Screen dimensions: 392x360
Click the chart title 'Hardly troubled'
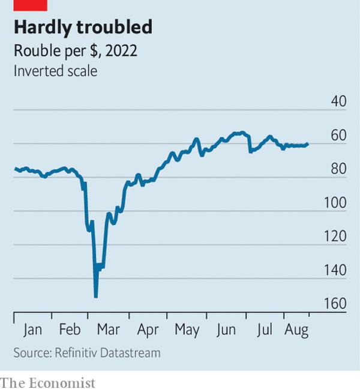click(x=83, y=27)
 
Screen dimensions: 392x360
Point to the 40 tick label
click(x=338, y=101)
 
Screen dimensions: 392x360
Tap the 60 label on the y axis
click(x=338, y=136)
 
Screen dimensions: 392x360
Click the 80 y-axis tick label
click(x=338, y=169)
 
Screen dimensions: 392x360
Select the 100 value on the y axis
click(x=335, y=203)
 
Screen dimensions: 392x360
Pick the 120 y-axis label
click(x=335, y=237)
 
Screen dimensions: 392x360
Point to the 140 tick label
click(x=335, y=270)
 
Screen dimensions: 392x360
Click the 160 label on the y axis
click(x=335, y=304)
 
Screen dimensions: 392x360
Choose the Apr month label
click(x=148, y=330)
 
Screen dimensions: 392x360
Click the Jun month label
click(x=226, y=330)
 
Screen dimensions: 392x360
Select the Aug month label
click(x=296, y=330)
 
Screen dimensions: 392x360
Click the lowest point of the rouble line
click(x=96, y=297)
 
